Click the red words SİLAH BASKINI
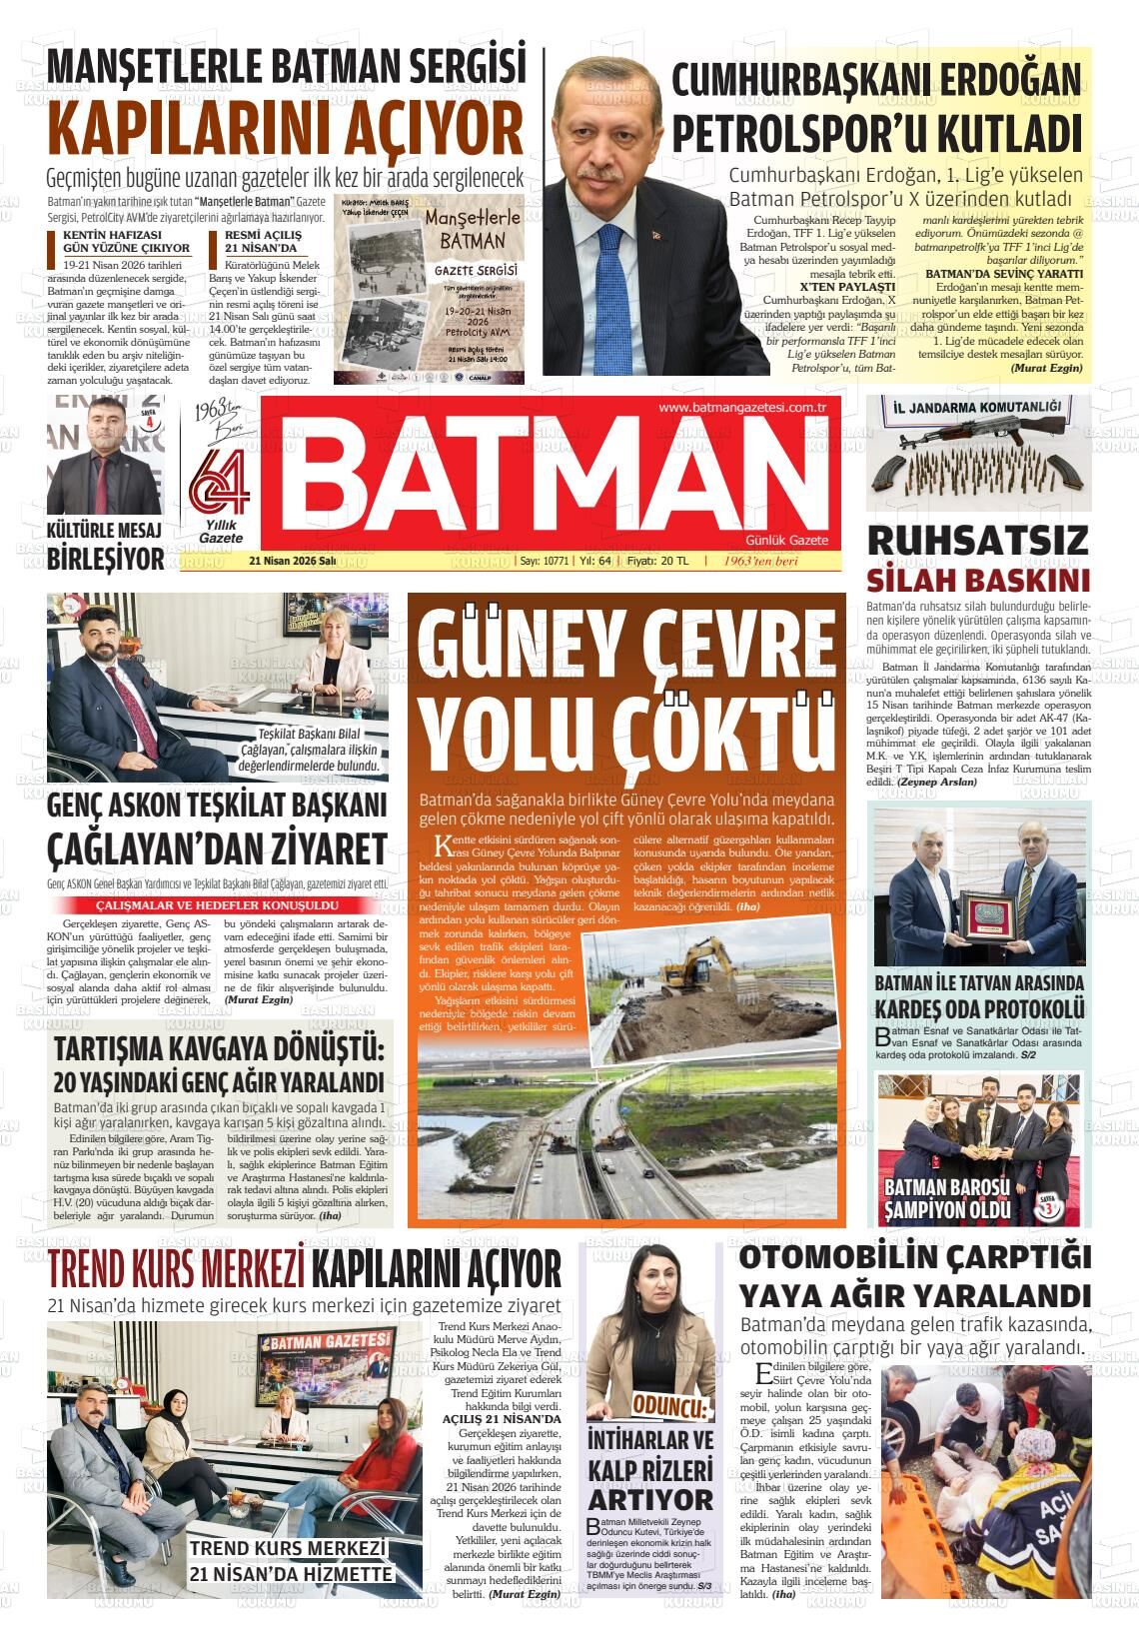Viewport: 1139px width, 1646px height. (x=977, y=582)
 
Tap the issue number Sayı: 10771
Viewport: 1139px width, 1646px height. (x=545, y=562)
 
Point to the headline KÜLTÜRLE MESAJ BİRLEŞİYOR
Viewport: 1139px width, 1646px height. (x=105, y=546)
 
